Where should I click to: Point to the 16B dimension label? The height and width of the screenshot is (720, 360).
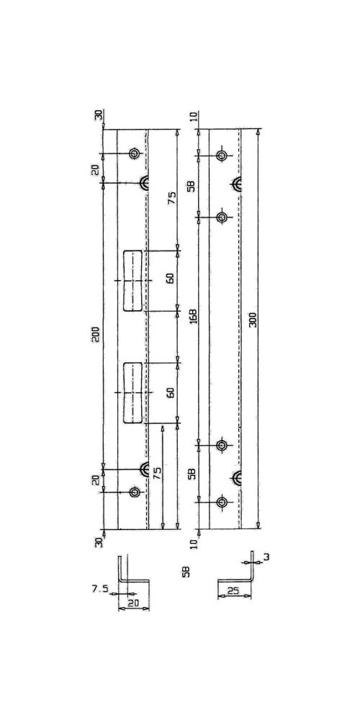point(193,316)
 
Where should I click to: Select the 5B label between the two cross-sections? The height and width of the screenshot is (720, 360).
point(186,572)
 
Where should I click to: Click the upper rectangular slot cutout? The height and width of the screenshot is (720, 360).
point(132,281)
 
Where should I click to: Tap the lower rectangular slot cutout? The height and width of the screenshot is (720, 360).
point(132,392)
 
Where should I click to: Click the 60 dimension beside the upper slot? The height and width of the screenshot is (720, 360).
point(171,278)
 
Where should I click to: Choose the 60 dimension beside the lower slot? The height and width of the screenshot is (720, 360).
point(171,392)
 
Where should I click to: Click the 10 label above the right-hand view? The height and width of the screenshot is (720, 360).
point(193,115)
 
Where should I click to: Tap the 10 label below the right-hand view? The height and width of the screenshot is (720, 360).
point(194,544)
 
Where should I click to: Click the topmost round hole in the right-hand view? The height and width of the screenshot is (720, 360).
point(222,156)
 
